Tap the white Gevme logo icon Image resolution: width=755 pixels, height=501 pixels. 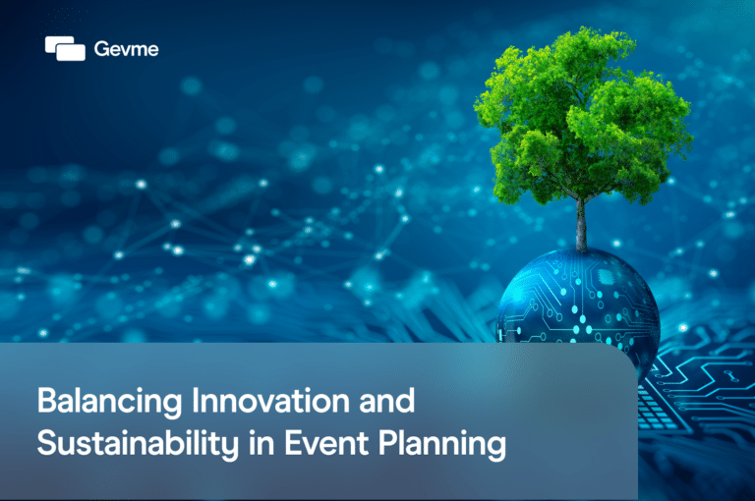tap(65, 47)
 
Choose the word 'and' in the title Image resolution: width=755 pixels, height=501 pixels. tap(382, 403)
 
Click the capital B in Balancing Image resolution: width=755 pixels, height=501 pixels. tap(45, 403)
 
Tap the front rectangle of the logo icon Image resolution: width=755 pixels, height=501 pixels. tap(72, 51)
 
